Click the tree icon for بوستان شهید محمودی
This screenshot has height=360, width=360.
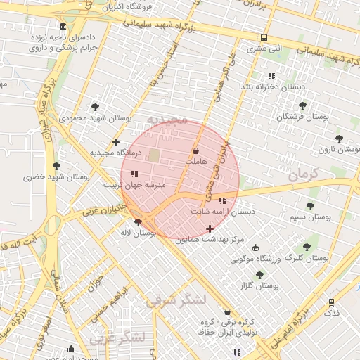click(x=95, y=107)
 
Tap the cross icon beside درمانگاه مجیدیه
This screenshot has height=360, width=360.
click(x=116, y=143)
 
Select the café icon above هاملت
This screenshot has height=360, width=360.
click(x=195, y=151)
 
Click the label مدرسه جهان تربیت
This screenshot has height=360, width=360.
click(x=135, y=186)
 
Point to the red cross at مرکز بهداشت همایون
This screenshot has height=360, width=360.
click(x=210, y=229)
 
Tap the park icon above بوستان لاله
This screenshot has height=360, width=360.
click(x=138, y=222)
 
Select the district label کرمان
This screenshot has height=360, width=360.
click(x=304, y=174)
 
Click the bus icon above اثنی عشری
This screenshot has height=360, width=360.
click(x=264, y=38)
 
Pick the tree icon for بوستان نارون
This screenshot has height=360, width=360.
click(x=340, y=139)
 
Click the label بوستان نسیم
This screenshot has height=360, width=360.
click(x=310, y=217)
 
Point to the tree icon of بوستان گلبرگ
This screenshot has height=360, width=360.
click(x=306, y=247)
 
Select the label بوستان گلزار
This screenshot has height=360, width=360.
click(x=259, y=286)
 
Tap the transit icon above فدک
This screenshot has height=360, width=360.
click(x=331, y=302)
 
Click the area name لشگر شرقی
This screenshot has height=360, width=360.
click(x=176, y=300)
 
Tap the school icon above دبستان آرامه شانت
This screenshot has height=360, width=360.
click(x=222, y=201)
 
